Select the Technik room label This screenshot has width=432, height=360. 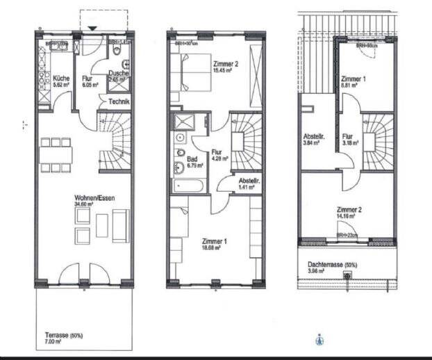pyautogui.click(x=119, y=102)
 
